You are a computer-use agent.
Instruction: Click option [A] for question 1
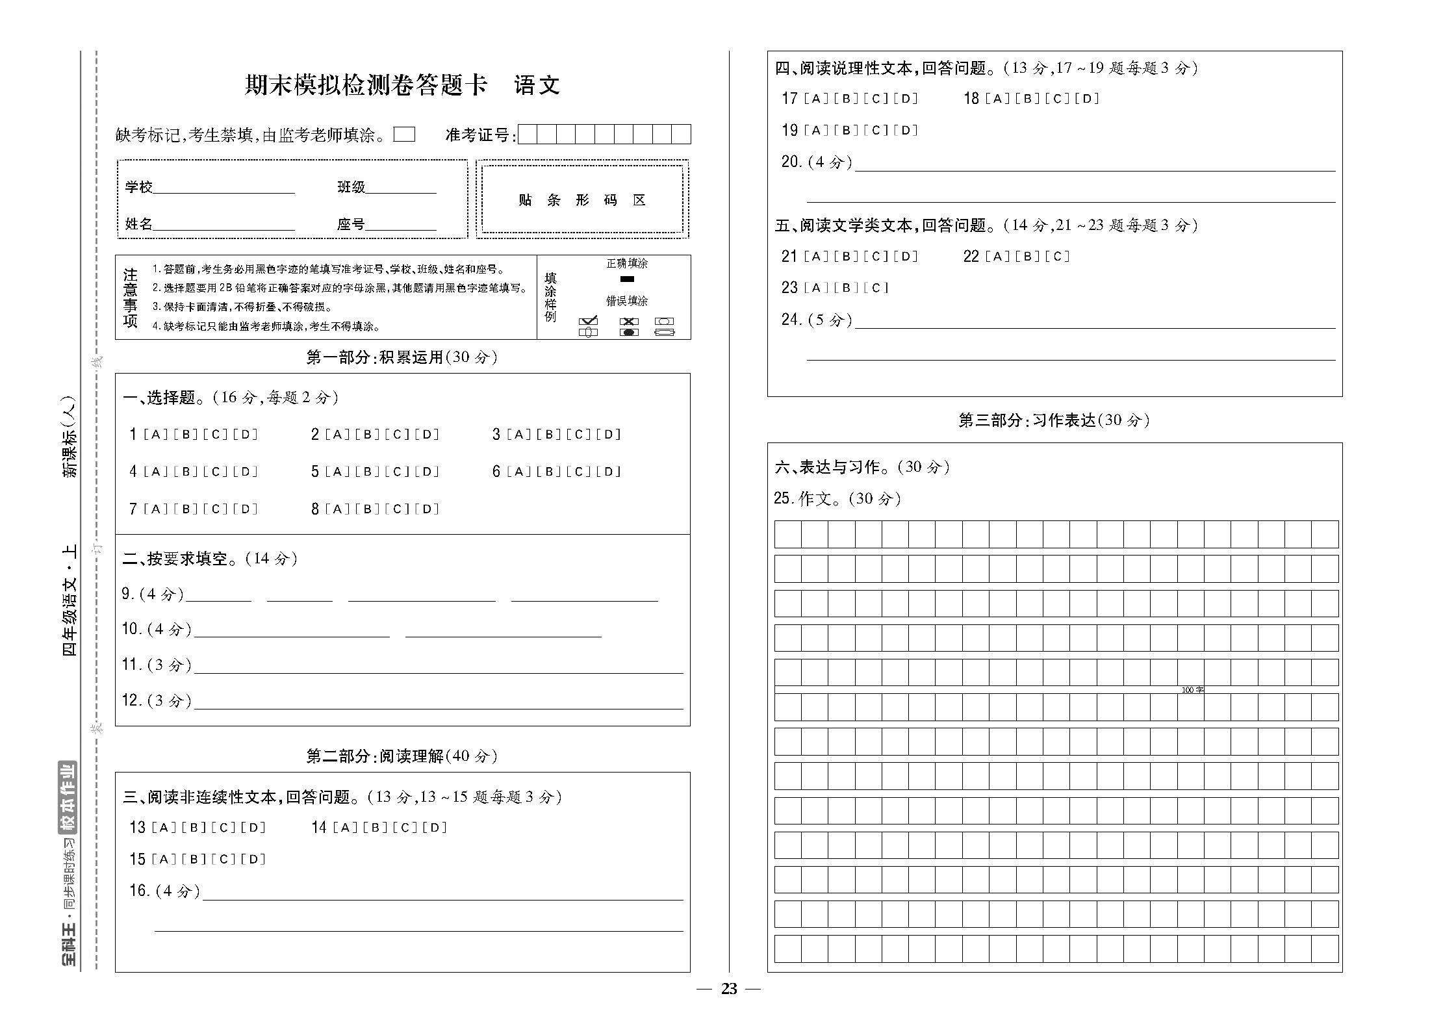pos(155,435)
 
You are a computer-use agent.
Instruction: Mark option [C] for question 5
pos(397,472)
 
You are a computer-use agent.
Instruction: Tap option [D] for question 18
pos(1086,99)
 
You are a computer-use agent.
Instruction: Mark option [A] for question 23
pos(816,288)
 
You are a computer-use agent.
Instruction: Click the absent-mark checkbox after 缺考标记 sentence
pos(404,134)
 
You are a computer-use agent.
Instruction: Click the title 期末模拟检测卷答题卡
pos(365,86)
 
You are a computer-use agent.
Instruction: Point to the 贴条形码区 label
pos(582,200)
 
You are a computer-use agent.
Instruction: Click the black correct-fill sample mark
pos(627,279)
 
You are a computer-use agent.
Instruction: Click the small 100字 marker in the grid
pos(1192,690)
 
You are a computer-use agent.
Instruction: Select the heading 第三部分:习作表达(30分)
pos(1054,420)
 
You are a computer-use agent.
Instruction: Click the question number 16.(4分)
pos(164,891)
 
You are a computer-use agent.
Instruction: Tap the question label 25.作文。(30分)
pos(837,498)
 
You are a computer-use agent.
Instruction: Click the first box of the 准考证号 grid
pos(528,134)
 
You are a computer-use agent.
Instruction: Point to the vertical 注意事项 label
pos(131,298)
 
